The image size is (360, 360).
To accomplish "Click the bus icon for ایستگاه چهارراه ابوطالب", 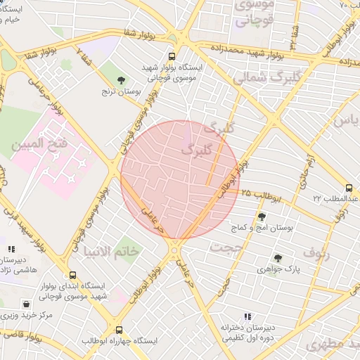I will tap(118, 329).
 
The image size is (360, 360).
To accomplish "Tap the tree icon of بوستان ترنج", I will tap(122, 80).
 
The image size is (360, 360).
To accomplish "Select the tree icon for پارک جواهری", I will tap(278, 258).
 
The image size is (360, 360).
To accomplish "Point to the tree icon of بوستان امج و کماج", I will tap(262, 217).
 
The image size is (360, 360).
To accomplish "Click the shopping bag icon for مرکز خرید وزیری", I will tap(26, 304).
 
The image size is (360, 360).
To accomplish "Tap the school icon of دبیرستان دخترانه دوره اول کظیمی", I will tap(246, 317).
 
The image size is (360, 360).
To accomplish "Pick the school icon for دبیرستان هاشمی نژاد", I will tap(10, 249).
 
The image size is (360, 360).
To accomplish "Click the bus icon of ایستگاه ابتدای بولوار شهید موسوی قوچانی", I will tap(72, 276).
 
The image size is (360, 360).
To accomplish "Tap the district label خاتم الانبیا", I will tap(110, 251).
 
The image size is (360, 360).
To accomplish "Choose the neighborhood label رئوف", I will tap(316, 252).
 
